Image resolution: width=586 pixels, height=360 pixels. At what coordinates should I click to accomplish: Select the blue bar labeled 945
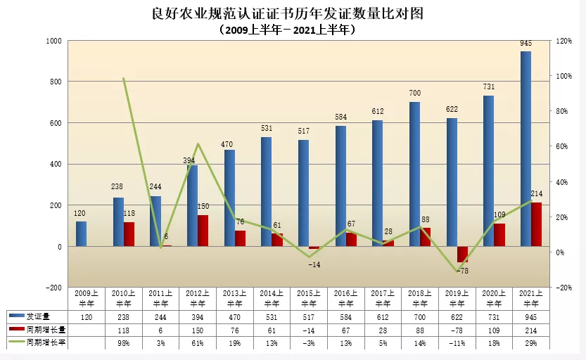pos(526,148)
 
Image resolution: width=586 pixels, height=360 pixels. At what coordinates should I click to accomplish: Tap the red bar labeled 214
pos(537,224)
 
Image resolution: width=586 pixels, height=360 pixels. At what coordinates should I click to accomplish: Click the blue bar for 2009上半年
pos(82,234)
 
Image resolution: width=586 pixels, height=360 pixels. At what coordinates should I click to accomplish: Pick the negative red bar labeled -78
pos(462,255)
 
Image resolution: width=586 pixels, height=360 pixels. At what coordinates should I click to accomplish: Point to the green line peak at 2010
pos(124,79)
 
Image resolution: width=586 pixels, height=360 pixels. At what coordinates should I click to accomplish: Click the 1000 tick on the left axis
pos(53,41)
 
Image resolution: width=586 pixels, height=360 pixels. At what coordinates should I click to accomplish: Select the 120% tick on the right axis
pos(564,41)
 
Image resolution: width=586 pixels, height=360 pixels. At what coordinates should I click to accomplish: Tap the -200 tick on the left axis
pos(53,288)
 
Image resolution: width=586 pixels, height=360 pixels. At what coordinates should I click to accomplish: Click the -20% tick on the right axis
pos(564,288)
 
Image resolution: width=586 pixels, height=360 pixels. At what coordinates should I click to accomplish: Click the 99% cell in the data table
pos(123,342)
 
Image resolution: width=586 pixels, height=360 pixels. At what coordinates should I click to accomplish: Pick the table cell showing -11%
pos(456,342)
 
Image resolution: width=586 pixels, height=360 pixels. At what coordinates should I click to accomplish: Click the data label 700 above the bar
pos(414,94)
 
